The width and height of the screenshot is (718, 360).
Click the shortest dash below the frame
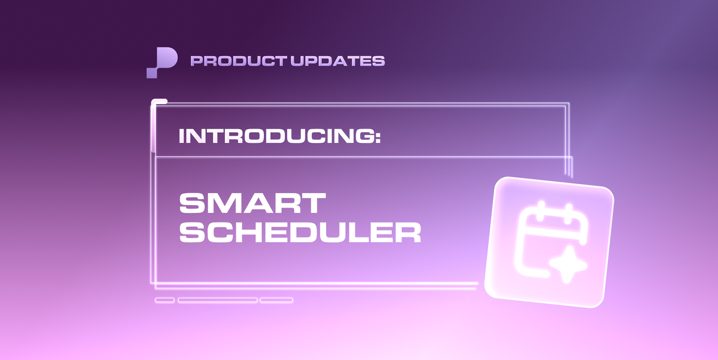(x=165, y=300)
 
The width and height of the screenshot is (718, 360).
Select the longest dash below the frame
(x=218, y=300)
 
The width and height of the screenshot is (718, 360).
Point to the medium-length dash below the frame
(x=276, y=300)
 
